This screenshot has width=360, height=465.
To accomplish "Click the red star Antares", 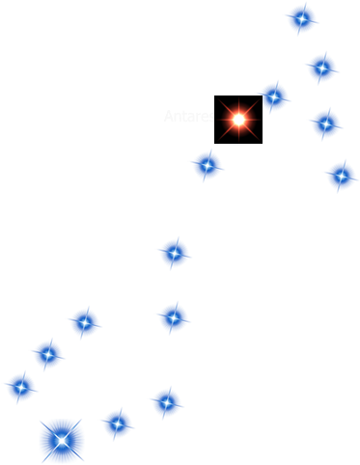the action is coord(238,119).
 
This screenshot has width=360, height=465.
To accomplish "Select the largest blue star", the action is coord(62,441).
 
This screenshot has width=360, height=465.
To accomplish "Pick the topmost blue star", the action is coord(301,17).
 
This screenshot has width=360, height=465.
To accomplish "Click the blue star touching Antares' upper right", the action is coord(274,96).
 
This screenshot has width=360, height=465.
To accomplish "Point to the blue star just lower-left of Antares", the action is coord(207,165).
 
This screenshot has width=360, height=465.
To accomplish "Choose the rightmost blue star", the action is coord(341,175).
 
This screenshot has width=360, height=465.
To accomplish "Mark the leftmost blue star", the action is coord(20,387).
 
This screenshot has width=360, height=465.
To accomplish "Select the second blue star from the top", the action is coord(321,68).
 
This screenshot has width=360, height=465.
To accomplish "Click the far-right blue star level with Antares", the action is coord(325,123).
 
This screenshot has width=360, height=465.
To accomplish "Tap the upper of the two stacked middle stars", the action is coord(174,253).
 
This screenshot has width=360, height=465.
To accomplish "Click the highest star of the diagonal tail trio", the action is coord(84,322).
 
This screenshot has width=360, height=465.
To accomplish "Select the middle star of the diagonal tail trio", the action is coord(48,354).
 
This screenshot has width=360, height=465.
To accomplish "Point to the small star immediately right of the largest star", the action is coord(117,423).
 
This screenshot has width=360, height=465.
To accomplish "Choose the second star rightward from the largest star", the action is coord(166,401).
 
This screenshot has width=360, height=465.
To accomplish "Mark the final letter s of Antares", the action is coord(211,118).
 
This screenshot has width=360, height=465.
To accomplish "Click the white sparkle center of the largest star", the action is coord(62,441).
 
